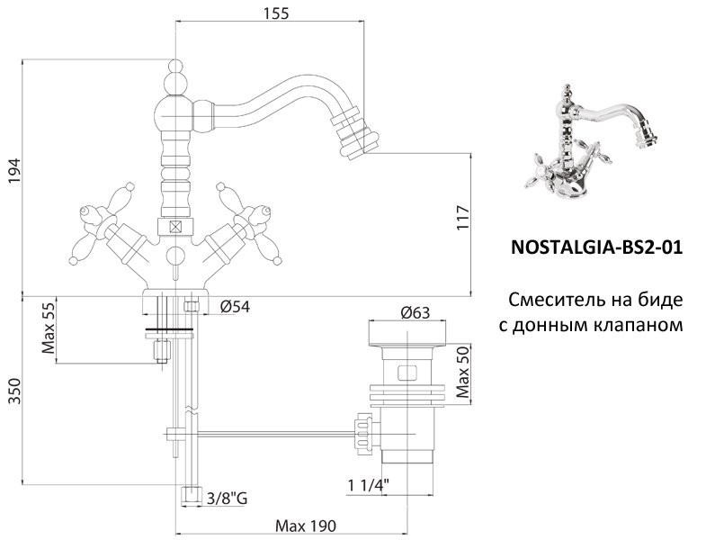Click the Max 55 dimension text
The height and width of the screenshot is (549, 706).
pos(49,329)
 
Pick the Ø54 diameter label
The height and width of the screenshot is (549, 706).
pos(235,307)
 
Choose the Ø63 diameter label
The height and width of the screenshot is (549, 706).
pos(415,312)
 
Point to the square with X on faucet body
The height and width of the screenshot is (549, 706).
pos(174,227)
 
